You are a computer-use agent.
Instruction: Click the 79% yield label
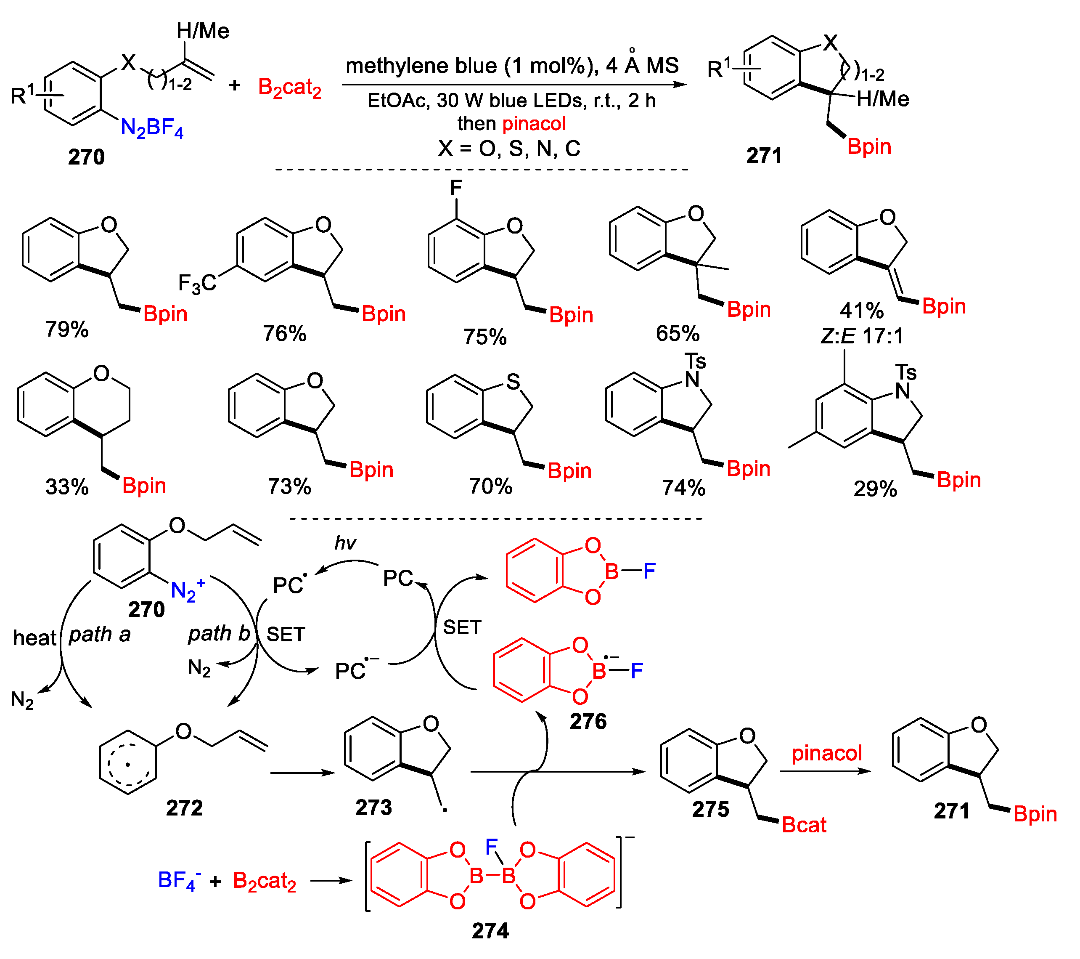[66, 329]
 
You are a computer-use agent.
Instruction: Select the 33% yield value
[66, 487]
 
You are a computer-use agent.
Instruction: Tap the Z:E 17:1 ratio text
[862, 336]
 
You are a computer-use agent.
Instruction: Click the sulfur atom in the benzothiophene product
[513, 382]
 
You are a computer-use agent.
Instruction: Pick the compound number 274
[490, 931]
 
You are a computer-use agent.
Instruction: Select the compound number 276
[588, 721]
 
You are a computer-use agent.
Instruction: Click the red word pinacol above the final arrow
[826, 753]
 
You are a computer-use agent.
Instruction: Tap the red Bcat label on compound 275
[804, 825]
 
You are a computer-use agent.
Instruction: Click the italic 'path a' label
[100, 634]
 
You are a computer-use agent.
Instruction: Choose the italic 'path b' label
[219, 633]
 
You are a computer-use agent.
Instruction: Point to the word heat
[34, 638]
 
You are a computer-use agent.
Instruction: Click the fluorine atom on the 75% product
[456, 188]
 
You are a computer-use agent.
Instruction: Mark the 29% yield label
[875, 489]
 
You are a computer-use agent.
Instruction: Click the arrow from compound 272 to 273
[302, 773]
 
